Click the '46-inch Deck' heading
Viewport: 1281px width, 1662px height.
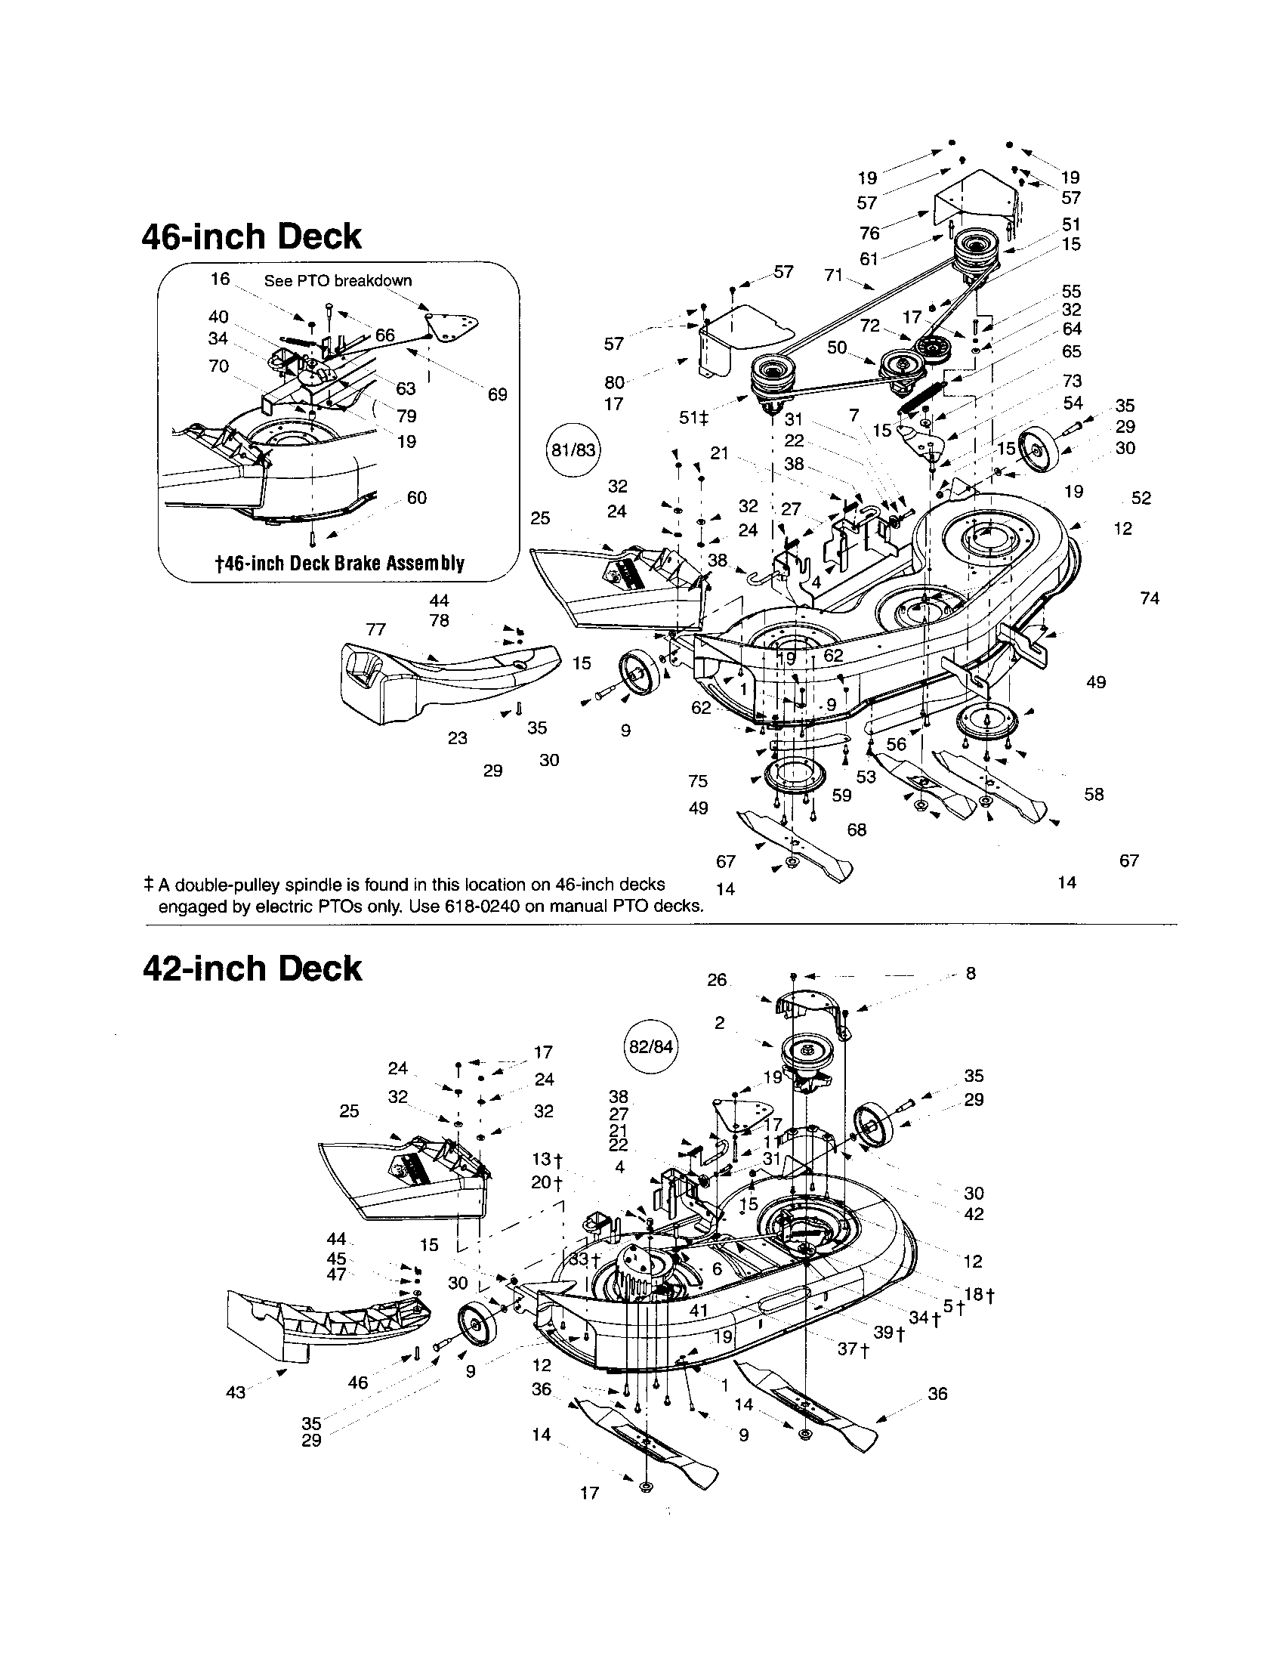pyautogui.click(x=252, y=236)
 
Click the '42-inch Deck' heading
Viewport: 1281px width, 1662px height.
pyautogui.click(x=252, y=968)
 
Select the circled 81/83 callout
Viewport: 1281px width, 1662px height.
pyautogui.click(x=573, y=449)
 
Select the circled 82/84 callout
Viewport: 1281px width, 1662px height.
pyautogui.click(x=652, y=1046)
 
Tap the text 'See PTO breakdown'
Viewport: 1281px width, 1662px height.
pyautogui.click(x=338, y=280)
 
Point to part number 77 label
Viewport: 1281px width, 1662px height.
pyautogui.click(x=376, y=629)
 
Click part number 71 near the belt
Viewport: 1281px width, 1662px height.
pyautogui.click(x=834, y=275)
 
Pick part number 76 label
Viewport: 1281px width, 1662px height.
pyautogui.click(x=869, y=233)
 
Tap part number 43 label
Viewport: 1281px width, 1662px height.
pyautogui.click(x=236, y=1392)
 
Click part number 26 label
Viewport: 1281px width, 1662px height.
pyautogui.click(x=717, y=979)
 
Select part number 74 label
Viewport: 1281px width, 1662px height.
pyautogui.click(x=1150, y=598)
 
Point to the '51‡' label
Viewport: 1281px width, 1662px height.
pyautogui.click(x=693, y=418)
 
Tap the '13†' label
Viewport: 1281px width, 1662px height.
pyautogui.click(x=546, y=1160)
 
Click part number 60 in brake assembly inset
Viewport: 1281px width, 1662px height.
pyautogui.click(x=417, y=498)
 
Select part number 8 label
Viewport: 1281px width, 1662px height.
pyautogui.click(x=971, y=973)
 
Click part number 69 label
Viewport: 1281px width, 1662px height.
pyautogui.click(x=497, y=394)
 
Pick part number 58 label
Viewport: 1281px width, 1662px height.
pyautogui.click(x=1094, y=794)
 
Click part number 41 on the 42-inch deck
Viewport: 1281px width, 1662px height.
pyautogui.click(x=699, y=1311)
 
